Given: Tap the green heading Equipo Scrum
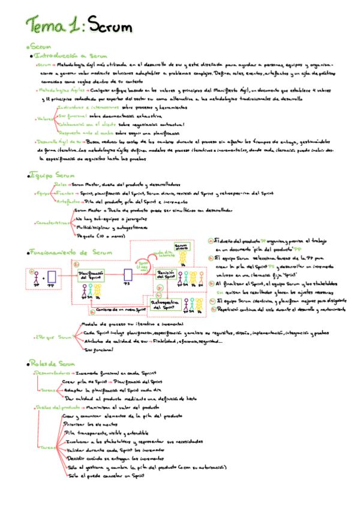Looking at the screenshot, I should coord(52,175).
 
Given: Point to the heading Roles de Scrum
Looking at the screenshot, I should coord(52,364).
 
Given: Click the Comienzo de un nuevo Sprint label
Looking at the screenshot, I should coord(122,309).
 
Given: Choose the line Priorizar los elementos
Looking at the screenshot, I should coord(91,424).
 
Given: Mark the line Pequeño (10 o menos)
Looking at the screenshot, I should coord(96,236).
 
